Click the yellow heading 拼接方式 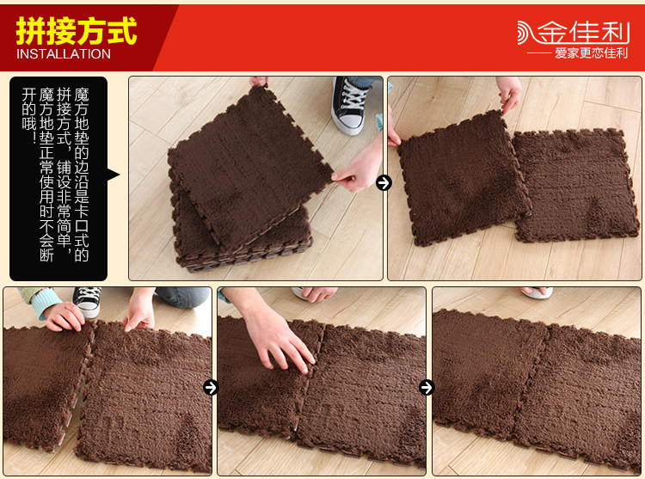tap(76, 31)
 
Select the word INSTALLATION tap(64, 54)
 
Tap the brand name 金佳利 tap(583, 32)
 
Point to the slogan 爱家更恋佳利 tap(591, 53)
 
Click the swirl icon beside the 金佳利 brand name tap(526, 33)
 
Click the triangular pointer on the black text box tap(113, 175)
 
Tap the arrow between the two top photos tap(384, 182)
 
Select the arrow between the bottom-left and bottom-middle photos tap(211, 387)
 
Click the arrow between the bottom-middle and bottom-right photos tap(427, 387)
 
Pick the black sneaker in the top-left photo tap(350, 105)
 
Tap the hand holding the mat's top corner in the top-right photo tap(509, 94)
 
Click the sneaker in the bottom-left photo tap(87, 301)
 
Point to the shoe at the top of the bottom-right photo tap(536, 292)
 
